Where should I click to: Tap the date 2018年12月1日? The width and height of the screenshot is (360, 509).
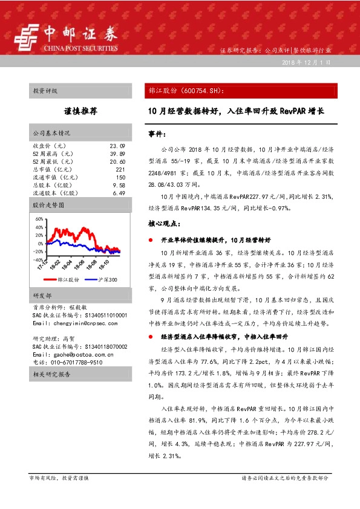tap(306, 63)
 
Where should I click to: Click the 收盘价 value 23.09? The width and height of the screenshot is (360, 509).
tap(117, 146)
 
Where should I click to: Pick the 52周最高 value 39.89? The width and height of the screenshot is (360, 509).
tap(117, 154)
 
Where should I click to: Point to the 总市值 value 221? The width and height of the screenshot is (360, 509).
tap(120, 170)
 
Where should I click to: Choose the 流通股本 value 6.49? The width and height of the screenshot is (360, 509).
tap(119, 193)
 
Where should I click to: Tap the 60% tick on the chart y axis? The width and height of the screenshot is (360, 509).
tap(39, 219)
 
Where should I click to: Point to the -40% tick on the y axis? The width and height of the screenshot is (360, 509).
tap(38, 260)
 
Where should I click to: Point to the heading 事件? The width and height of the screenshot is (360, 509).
tap(157, 132)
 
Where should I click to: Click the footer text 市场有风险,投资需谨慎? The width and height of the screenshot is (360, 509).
tap(59, 478)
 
